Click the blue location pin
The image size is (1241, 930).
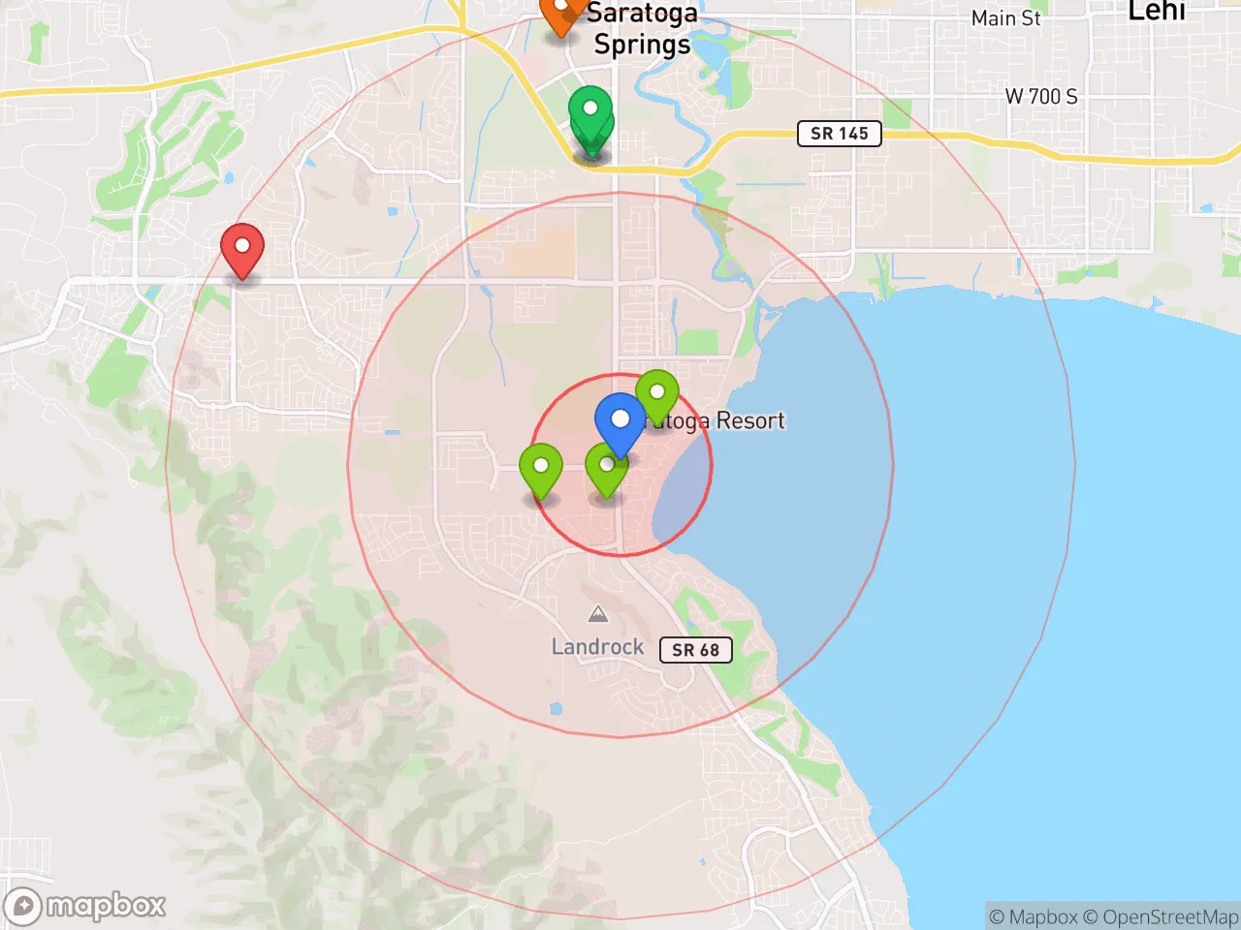(x=620, y=420)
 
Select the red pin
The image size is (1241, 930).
(x=242, y=248)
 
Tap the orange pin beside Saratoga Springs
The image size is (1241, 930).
(x=561, y=14)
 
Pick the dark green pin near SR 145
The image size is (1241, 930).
(x=589, y=116)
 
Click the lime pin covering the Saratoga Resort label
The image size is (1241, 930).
(x=657, y=394)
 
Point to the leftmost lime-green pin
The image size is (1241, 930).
(x=541, y=468)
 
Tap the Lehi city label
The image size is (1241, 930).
(x=1157, y=12)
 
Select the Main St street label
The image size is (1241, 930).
(x=1006, y=18)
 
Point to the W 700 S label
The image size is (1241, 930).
(x=1041, y=96)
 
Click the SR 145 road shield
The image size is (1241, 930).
(x=840, y=134)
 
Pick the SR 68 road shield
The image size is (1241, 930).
(x=696, y=649)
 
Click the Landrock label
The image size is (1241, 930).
(x=597, y=646)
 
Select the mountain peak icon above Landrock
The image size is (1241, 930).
(x=598, y=614)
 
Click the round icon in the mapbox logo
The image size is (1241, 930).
(x=23, y=907)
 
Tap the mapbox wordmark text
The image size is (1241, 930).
(x=107, y=906)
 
